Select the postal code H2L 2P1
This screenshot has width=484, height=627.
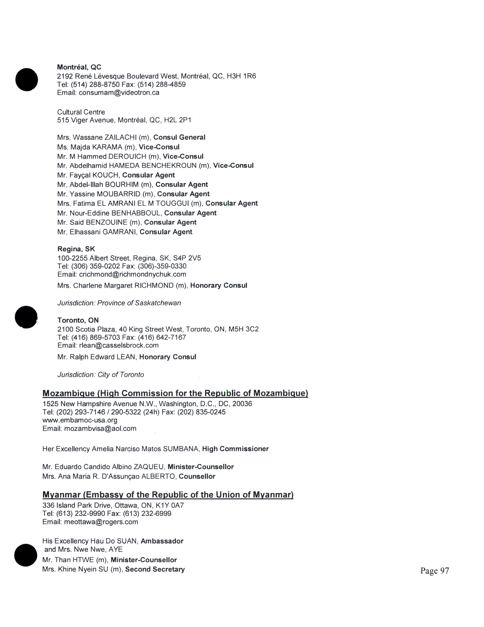[177, 120]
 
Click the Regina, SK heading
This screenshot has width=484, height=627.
[76, 249]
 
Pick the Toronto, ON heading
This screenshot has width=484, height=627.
[78, 320]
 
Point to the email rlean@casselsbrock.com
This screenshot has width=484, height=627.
[119, 345]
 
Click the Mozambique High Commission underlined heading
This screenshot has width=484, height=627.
[175, 393]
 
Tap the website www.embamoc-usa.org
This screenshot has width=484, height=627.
[80, 420]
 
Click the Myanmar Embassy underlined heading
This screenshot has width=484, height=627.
[168, 495]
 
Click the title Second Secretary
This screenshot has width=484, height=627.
[155, 569]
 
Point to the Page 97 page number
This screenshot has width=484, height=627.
[434, 571]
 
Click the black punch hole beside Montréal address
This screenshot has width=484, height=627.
[26, 80]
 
